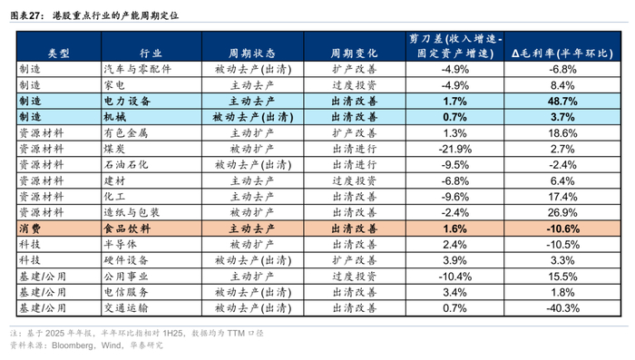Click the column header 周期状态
click(x=252, y=54)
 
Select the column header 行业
click(x=151, y=54)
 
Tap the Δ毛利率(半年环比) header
click(x=562, y=54)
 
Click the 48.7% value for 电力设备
click(x=562, y=101)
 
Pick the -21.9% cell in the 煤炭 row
click(x=454, y=149)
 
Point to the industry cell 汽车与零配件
click(x=137, y=69)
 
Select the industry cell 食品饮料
click(x=127, y=229)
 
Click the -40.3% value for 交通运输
click(x=562, y=308)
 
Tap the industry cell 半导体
click(x=121, y=244)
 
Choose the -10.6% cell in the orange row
click(x=562, y=229)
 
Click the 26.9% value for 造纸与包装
click(x=562, y=212)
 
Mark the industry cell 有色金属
click(x=126, y=132)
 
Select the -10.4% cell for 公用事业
click(x=454, y=277)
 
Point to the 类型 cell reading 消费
click(x=30, y=229)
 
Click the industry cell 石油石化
click(x=126, y=165)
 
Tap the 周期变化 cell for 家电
click(x=355, y=85)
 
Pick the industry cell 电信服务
click(x=126, y=292)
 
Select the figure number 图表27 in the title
click(x=25, y=15)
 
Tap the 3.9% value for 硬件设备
click(x=454, y=260)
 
